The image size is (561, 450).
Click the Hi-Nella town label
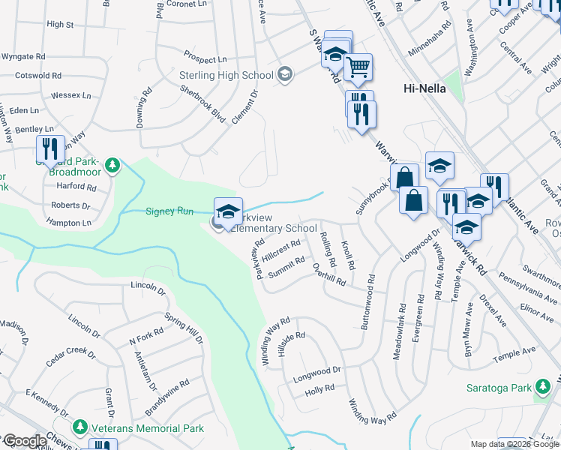point(424,88)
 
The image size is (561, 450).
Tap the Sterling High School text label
point(226,75)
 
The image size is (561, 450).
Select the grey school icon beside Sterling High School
point(284,73)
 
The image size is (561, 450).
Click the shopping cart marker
point(358,67)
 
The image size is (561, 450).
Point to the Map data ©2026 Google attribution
point(514,444)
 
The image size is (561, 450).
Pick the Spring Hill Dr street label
point(184,328)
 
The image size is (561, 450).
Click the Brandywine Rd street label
point(168,393)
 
